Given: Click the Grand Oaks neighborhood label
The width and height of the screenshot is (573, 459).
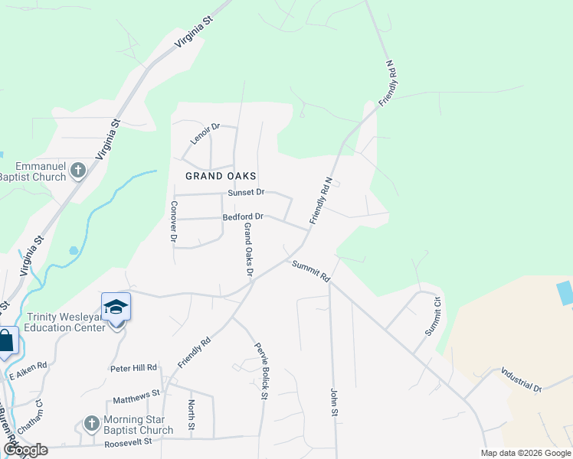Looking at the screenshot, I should tap(221, 176).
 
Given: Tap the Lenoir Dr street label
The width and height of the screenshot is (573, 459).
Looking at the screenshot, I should tap(205, 136).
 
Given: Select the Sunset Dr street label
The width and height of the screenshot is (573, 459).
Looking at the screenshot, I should tap(246, 192).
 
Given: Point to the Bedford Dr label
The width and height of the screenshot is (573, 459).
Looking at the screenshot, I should tap(243, 216).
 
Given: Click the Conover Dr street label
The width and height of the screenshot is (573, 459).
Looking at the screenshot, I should tap(174, 223).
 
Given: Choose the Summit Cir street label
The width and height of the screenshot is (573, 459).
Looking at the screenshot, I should tap(433, 315).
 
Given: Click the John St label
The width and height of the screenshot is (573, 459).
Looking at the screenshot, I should tap(334, 402).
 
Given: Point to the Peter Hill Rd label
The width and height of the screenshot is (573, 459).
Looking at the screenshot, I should tap(134, 368).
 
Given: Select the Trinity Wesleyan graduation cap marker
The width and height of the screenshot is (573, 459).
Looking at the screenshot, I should tap(116, 308).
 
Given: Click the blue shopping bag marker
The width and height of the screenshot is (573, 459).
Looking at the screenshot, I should tap(5, 341).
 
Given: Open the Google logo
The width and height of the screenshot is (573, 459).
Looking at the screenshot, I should tap(26, 449).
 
